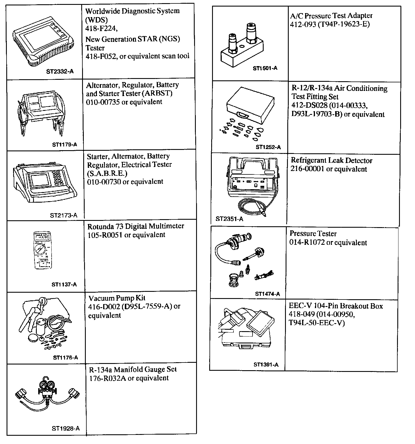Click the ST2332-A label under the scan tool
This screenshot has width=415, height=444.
[60, 72]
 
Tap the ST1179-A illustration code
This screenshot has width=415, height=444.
[65, 144]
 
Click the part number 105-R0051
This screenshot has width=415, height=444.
[106, 235]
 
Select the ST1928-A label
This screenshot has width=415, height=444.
[66, 428]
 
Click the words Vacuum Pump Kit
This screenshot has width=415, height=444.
[117, 298]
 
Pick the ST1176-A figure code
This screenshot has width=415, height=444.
[65, 358]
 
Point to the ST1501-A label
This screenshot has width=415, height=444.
[265, 68]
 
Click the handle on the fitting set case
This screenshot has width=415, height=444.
[242, 115]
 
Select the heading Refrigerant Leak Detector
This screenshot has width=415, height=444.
[331, 160]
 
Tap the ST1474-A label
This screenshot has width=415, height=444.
[267, 294]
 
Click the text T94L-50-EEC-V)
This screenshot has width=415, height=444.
[317, 323]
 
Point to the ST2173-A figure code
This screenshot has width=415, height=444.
[64, 215]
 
